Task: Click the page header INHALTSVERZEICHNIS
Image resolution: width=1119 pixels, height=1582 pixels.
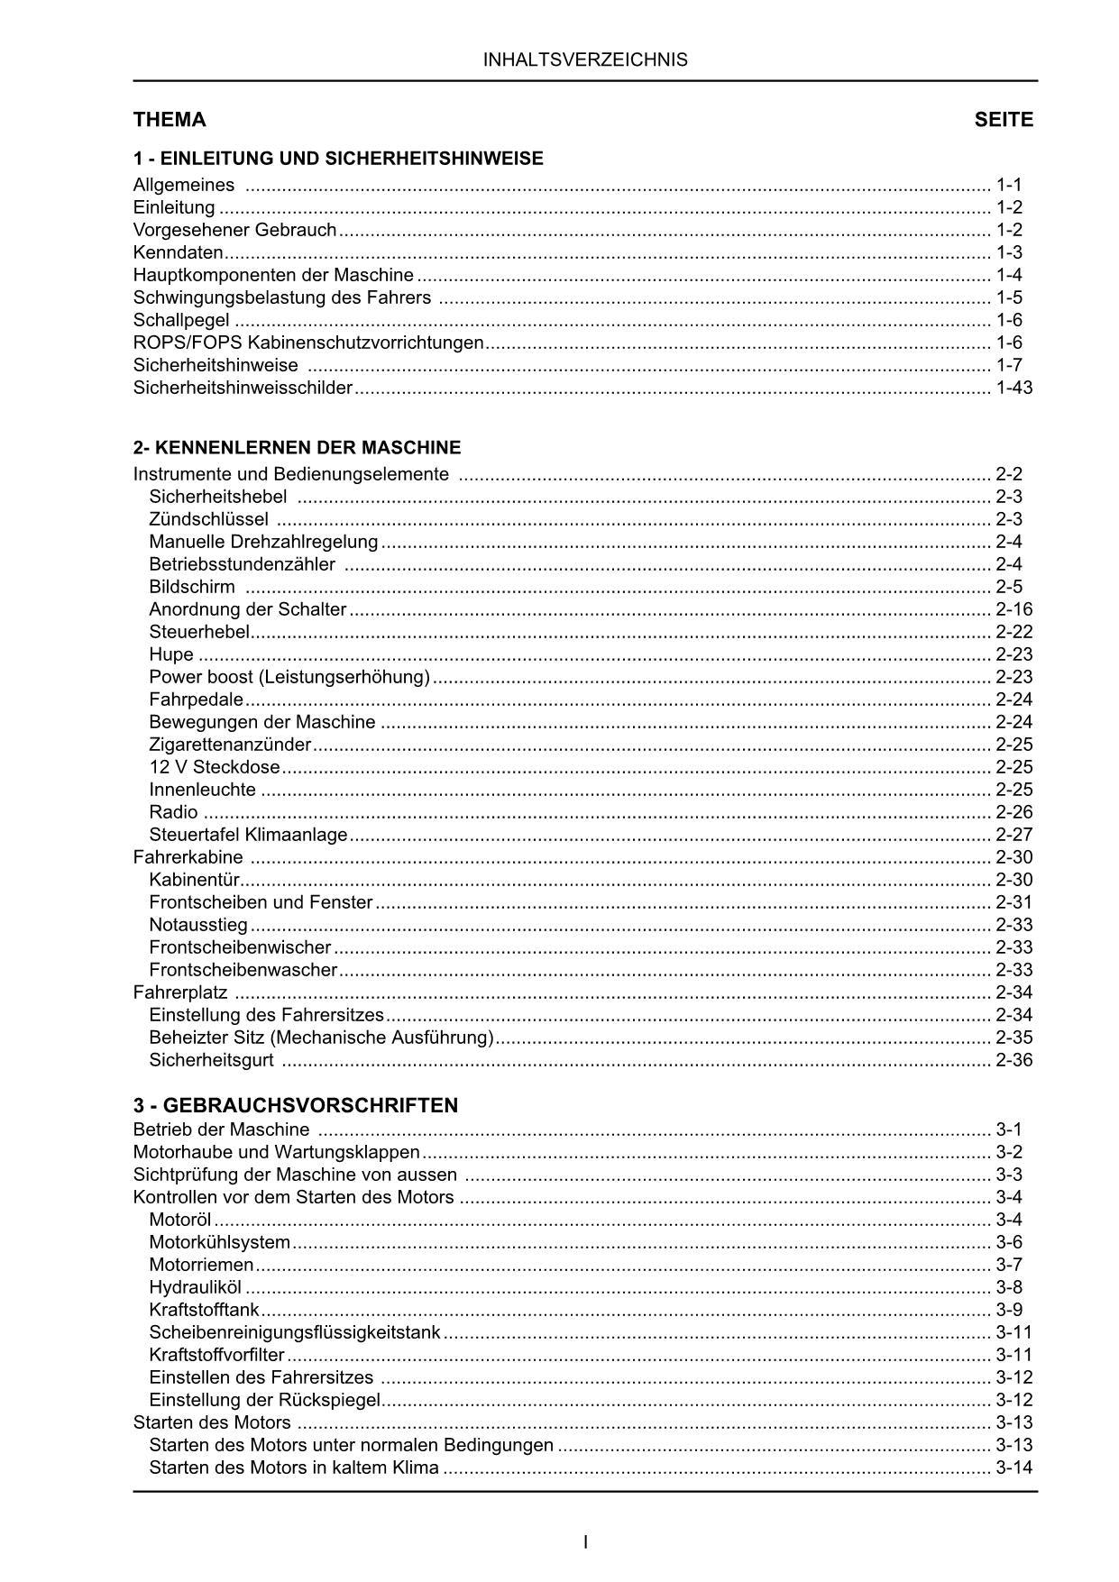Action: tap(585, 60)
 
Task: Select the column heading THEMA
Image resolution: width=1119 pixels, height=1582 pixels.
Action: tap(170, 120)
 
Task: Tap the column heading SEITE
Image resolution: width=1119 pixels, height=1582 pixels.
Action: tap(1004, 120)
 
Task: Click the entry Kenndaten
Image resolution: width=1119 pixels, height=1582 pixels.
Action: tap(178, 252)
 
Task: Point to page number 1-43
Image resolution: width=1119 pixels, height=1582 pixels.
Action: tap(1014, 388)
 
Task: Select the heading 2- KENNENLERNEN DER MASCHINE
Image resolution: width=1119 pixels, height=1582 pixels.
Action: tap(297, 447)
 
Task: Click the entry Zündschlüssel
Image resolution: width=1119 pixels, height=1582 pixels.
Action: tap(208, 519)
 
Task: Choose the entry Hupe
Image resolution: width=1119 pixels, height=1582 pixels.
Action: tap(171, 654)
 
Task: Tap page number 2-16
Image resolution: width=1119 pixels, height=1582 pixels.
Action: tap(1014, 609)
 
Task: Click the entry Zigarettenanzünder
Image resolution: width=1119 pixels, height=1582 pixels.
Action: tap(230, 745)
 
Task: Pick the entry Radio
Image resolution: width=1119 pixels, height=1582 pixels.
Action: tap(173, 812)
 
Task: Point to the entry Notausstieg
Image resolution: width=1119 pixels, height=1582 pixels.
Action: tap(198, 925)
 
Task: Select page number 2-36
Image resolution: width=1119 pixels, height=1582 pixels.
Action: tap(1014, 1060)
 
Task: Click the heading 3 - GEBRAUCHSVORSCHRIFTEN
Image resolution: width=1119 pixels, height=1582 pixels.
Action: tap(296, 1105)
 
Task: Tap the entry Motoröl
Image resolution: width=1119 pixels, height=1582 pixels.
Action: tap(180, 1220)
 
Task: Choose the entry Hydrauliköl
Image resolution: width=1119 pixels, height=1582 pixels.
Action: tap(196, 1287)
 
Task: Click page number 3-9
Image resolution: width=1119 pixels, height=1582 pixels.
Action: tap(1009, 1310)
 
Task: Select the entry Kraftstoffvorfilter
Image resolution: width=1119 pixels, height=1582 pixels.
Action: tap(216, 1355)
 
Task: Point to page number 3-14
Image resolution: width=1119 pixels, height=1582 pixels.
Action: tap(1014, 1468)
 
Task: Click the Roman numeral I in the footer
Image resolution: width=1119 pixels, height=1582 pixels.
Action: tap(586, 1541)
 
